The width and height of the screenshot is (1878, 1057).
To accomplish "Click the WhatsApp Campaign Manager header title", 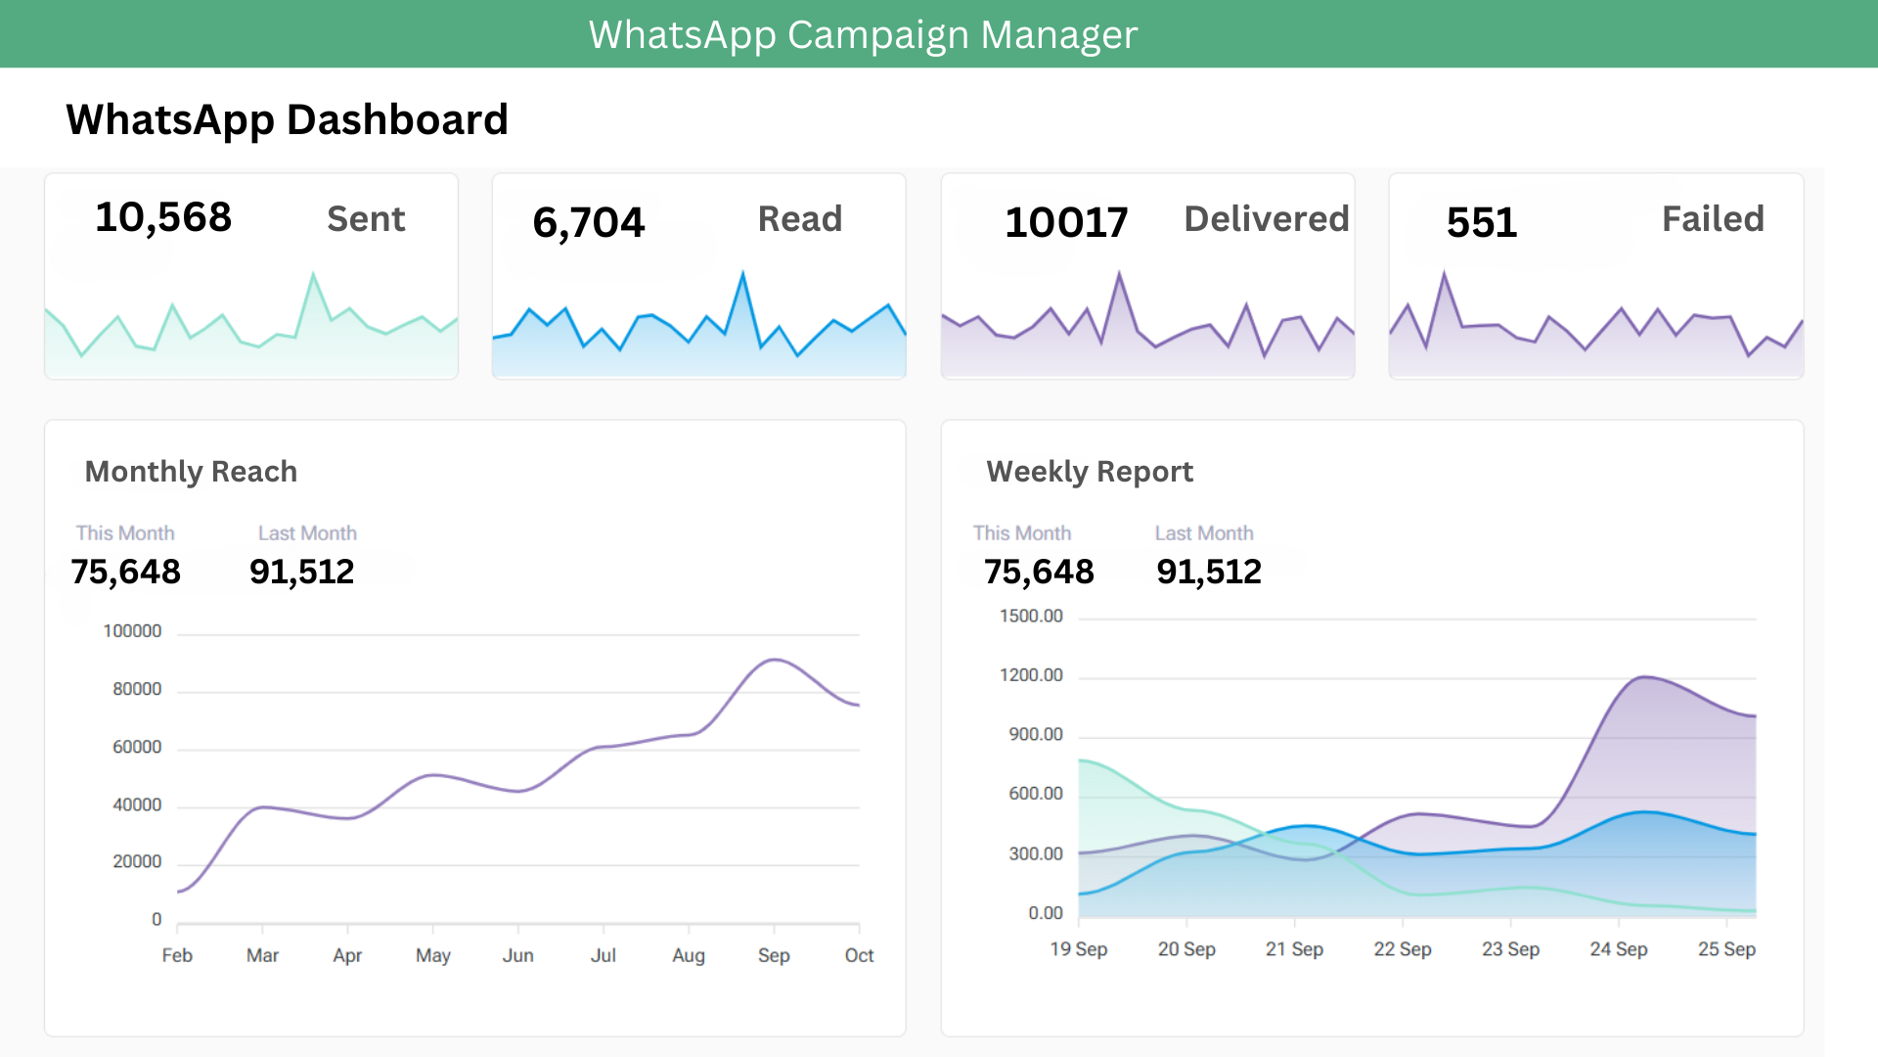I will (x=863, y=35).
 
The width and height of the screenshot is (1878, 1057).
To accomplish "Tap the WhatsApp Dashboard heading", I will (x=287, y=119).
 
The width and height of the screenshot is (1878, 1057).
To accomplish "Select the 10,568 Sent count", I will (x=163, y=217).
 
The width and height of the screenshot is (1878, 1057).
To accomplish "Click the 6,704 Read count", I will (x=588, y=222).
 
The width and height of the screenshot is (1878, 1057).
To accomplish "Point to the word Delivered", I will (x=1266, y=218).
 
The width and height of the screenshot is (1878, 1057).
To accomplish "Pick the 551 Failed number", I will (x=1481, y=222).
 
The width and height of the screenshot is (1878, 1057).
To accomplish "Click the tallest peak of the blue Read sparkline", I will (x=742, y=274).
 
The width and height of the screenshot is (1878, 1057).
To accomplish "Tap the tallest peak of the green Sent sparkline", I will (x=313, y=274).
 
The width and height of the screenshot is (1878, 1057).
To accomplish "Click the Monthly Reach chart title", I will (x=191, y=472).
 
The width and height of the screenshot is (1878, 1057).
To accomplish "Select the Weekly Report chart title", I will (x=1090, y=472).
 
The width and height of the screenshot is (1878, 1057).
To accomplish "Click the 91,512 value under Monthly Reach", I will (x=301, y=572).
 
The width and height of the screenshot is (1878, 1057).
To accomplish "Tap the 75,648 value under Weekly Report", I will (x=1039, y=572).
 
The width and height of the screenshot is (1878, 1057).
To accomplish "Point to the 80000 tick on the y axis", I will (x=137, y=689).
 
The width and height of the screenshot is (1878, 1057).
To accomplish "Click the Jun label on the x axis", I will (x=517, y=955).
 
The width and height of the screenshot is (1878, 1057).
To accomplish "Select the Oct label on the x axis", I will (x=859, y=955).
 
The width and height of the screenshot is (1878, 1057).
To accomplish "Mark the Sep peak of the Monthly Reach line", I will (x=774, y=660).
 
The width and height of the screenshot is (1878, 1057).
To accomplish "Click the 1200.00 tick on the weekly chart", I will (x=1031, y=675).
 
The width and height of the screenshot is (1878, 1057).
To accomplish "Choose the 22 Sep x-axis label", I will (x=1402, y=949).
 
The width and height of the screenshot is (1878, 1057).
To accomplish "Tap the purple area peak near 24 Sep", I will (x=1644, y=676).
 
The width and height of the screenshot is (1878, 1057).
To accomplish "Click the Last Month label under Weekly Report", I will (x=1203, y=533).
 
